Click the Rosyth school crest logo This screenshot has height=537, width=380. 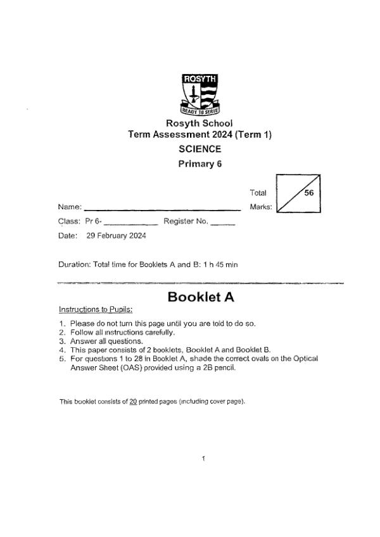[199, 94]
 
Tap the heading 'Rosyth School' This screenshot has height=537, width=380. [199, 123]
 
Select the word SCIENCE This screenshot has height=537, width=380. [200, 149]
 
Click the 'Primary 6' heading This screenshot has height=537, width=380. [200, 164]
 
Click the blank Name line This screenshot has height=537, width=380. [162, 207]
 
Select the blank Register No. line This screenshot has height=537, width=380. [222, 223]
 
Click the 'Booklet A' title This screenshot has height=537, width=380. [201, 297]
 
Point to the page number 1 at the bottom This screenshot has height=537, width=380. [203, 458]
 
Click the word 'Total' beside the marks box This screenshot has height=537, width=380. [258, 193]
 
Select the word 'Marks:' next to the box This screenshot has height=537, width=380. [261, 207]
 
